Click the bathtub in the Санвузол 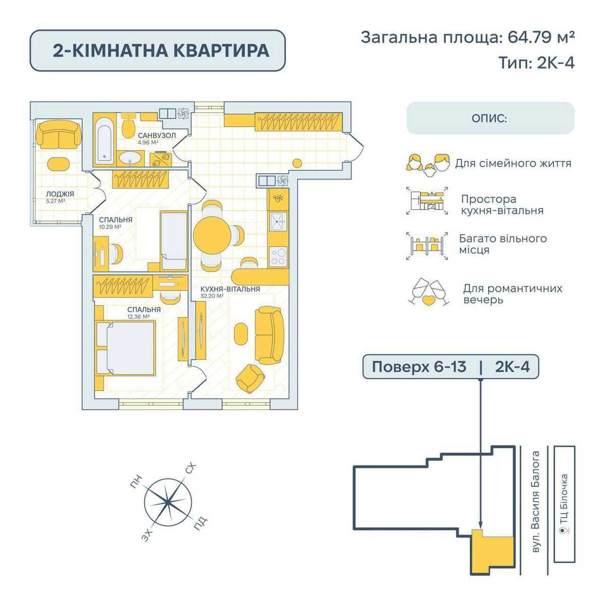(x=104, y=141)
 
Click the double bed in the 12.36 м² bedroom (x=126, y=348)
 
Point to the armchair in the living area (x=250, y=378)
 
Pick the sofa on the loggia (x=58, y=135)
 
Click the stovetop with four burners (x=278, y=257)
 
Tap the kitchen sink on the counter (x=278, y=222)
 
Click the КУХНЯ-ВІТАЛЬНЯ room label (x=230, y=289)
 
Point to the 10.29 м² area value (x=110, y=227)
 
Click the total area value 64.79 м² (x=541, y=37)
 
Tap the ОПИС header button (x=491, y=118)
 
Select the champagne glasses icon (x=429, y=292)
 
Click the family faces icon (x=428, y=165)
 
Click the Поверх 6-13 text (x=419, y=367)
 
